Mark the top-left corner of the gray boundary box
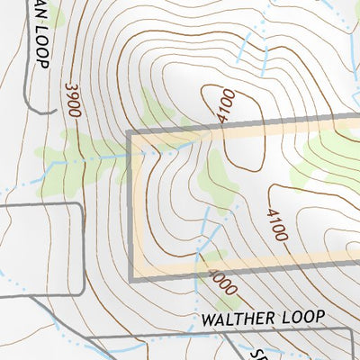(132, 134)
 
